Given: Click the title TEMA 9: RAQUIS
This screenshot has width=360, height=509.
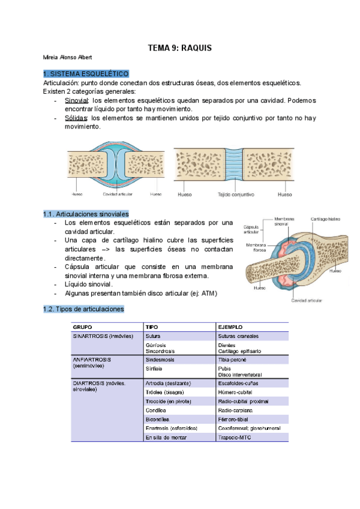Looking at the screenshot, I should [x=180, y=47].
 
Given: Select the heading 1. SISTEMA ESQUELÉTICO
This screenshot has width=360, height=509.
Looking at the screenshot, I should [x=86, y=73].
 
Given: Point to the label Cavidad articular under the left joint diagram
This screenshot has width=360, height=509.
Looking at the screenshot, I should [x=118, y=194].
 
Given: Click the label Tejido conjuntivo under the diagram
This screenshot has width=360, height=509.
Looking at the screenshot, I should [x=236, y=194].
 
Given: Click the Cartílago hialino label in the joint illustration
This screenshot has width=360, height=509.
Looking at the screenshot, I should [x=325, y=219].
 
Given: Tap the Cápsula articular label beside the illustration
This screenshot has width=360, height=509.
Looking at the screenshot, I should [x=252, y=229].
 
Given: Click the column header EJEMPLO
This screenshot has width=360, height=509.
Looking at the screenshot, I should [x=232, y=327].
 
